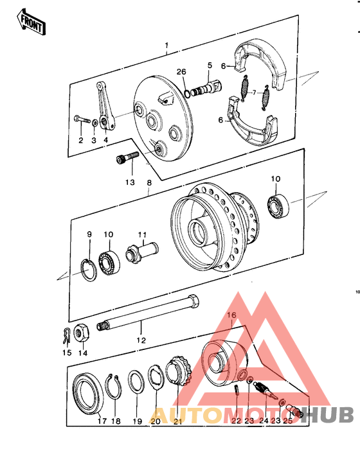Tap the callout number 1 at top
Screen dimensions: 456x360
click(166, 46)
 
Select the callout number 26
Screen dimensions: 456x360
click(181, 71)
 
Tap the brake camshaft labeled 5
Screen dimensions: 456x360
click(207, 86)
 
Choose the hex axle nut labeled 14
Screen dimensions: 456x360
click(82, 333)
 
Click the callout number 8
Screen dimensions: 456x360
click(149, 182)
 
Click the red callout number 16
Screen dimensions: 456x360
click(231, 315)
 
